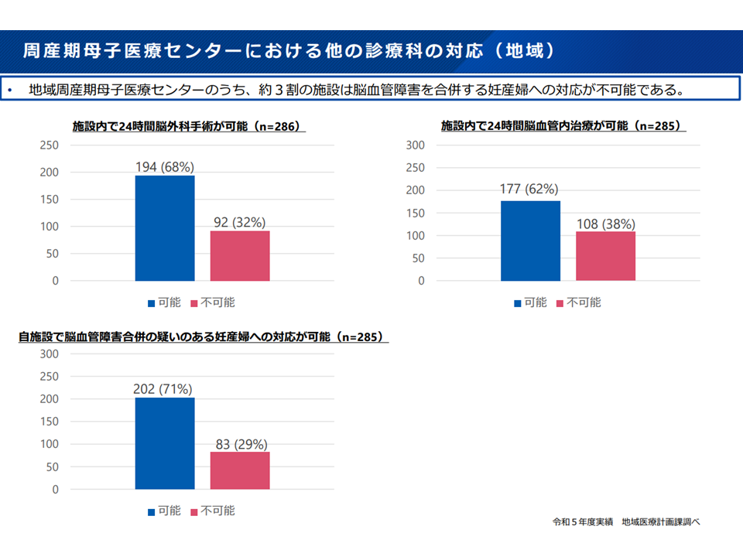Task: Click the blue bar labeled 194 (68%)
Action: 165,228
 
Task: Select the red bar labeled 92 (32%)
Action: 240,256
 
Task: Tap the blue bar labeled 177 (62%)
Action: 530,241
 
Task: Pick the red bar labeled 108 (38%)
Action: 605,256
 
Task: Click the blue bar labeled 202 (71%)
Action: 165,443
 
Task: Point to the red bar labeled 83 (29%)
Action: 240,470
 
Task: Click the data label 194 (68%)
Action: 165,167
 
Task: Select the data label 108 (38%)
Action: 606,224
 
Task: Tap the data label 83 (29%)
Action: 240,444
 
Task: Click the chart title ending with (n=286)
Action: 186,126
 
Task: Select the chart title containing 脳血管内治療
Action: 563,125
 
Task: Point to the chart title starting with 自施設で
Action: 203,337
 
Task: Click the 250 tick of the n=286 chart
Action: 50,145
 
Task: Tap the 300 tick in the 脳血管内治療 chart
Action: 416,145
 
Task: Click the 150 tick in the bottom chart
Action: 50,422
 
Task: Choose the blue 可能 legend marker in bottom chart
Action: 151,511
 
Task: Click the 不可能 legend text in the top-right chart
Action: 584,302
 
